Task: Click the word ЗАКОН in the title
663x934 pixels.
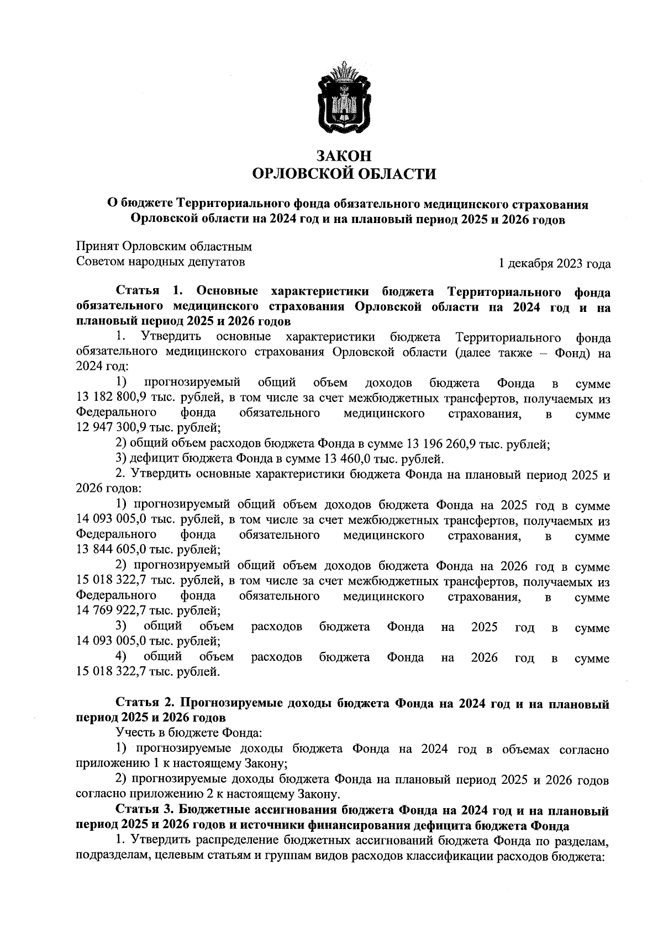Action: click(344, 156)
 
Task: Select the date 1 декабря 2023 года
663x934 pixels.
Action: click(554, 264)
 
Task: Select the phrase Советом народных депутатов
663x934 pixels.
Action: click(160, 262)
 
